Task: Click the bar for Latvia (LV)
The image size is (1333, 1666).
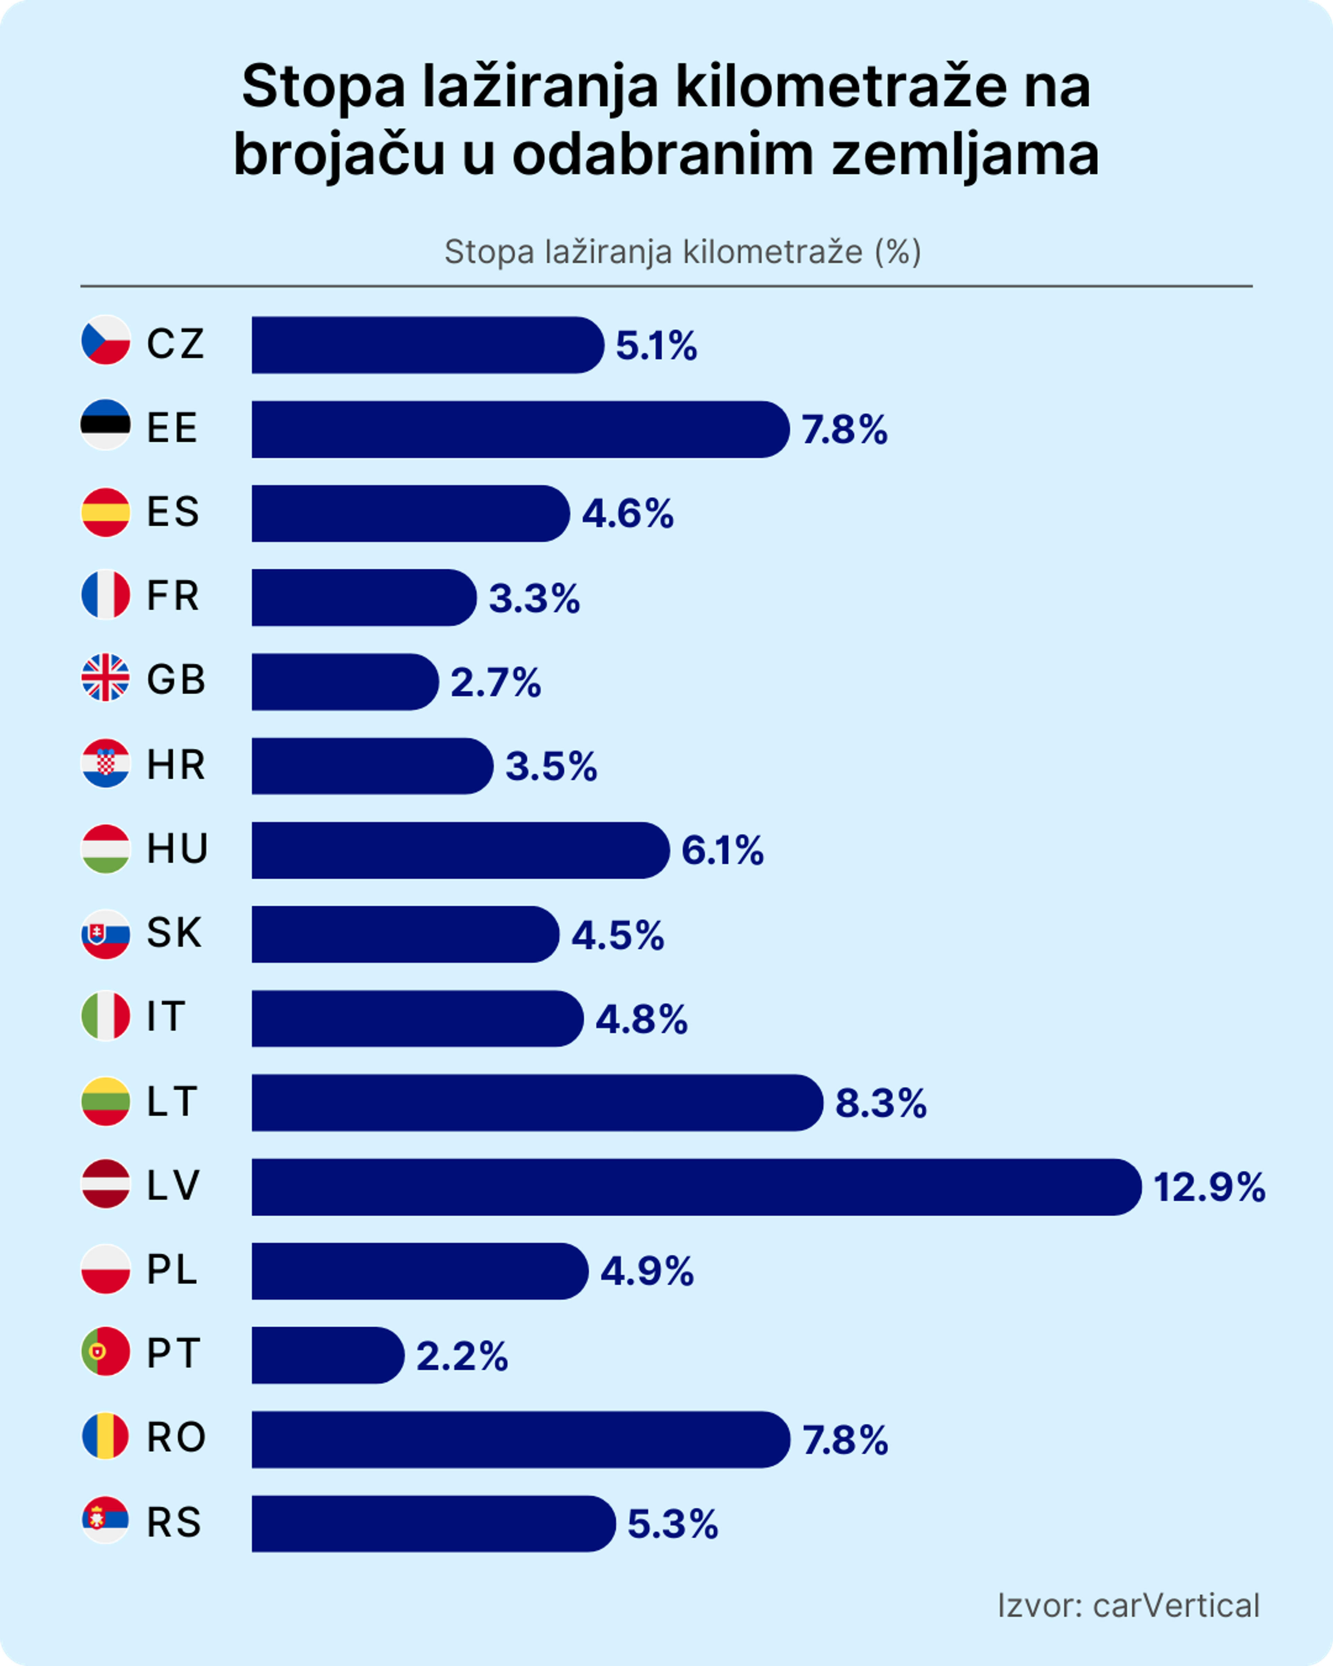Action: tap(695, 1187)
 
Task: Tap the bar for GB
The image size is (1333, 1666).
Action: tap(345, 682)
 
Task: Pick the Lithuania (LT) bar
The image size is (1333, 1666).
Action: tap(537, 1103)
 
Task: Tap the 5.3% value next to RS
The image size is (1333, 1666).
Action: tap(672, 1525)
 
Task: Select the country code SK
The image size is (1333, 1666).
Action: tap(175, 933)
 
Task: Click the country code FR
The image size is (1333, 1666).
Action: tap(173, 596)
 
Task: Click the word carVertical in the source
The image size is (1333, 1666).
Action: tap(1175, 1606)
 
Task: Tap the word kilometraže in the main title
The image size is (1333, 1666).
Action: tap(841, 87)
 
